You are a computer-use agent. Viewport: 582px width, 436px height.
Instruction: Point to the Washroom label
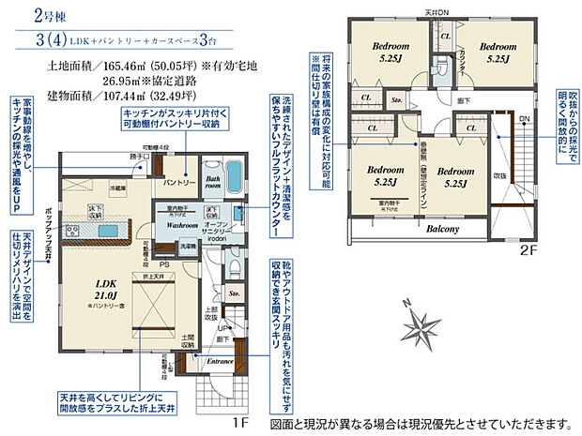coord(177,226)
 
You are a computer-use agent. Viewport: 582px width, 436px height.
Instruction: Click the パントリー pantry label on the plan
coord(179,180)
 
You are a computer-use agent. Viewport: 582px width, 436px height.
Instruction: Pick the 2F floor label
coord(529,251)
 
